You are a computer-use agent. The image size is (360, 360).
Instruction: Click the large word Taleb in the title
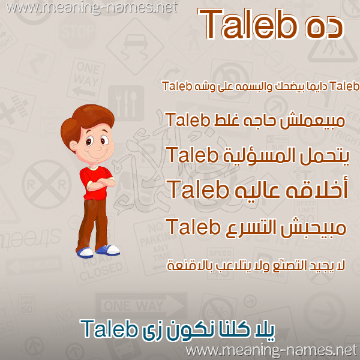pyautogui.click(x=248, y=24)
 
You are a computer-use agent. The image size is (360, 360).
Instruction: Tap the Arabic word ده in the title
pyautogui.click(x=325, y=28)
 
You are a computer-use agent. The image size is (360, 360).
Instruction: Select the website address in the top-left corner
pyautogui.click(x=92, y=8)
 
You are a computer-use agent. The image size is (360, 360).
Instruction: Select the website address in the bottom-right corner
pyautogui.click(x=272, y=351)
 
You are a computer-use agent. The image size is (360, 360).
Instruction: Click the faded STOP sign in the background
pyautogui.click(x=77, y=31)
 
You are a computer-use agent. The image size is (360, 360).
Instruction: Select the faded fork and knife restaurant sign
pyautogui.click(x=126, y=103)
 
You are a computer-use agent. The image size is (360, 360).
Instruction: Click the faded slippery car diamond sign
pyautogui.click(x=135, y=46)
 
